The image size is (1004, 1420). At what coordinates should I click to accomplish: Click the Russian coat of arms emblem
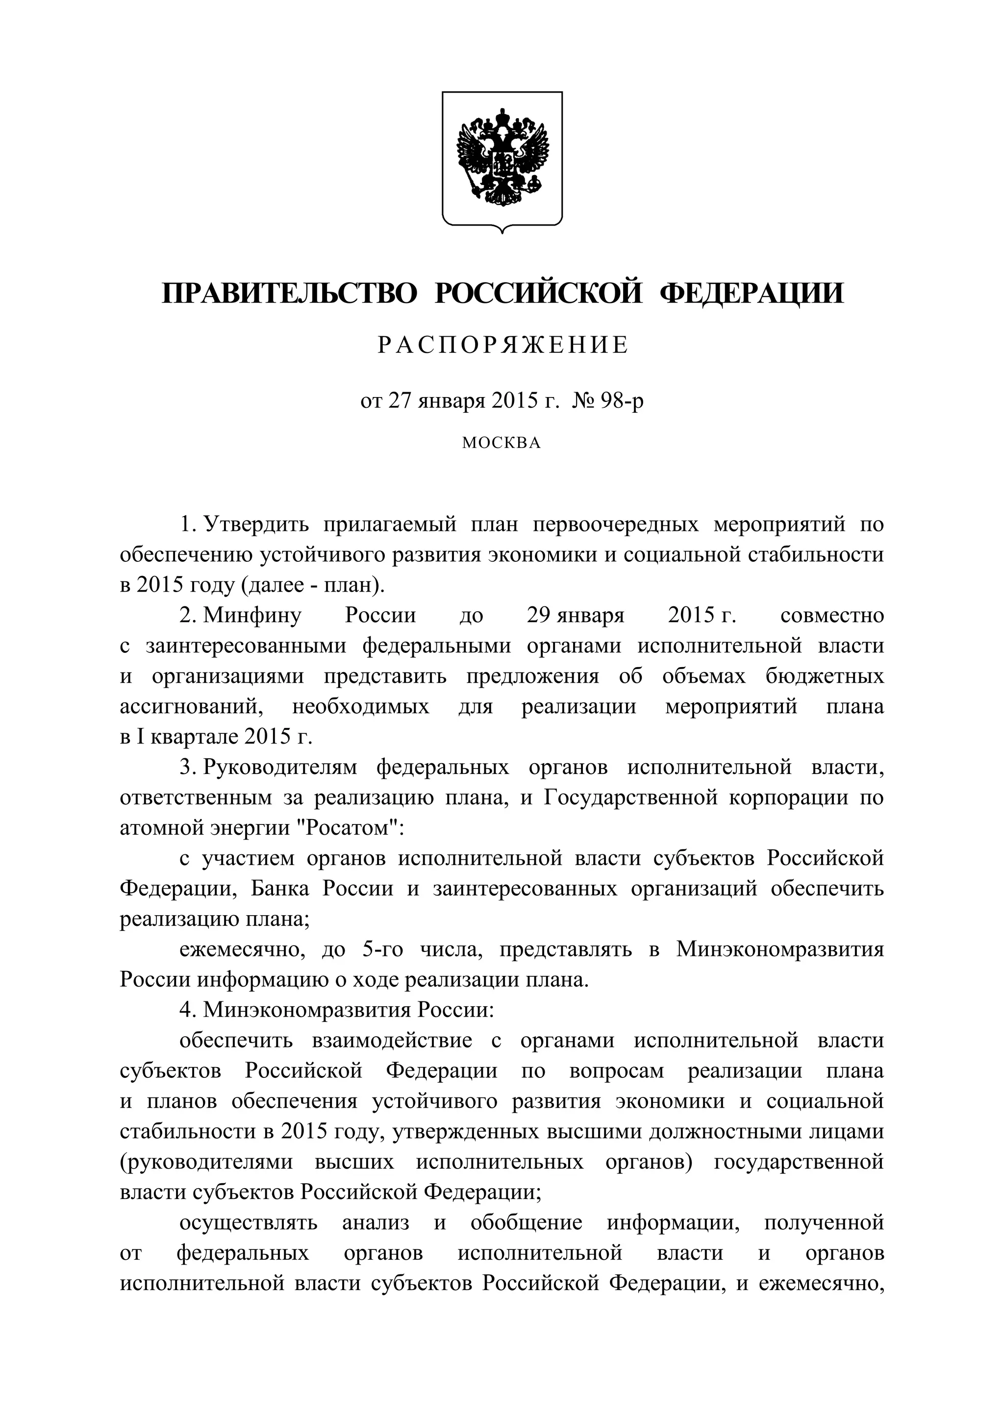tap(502, 160)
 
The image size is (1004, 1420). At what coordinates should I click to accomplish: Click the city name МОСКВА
tap(502, 443)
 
